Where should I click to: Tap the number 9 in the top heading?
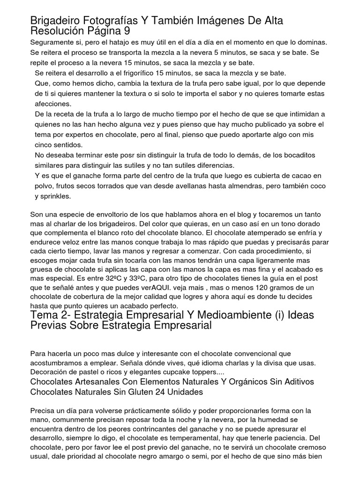[127, 31]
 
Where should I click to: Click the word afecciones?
[53, 104]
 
